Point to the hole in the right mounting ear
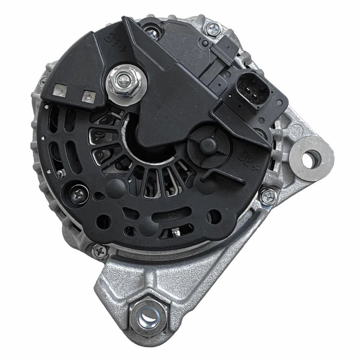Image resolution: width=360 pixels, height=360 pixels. pyautogui.click(x=309, y=159)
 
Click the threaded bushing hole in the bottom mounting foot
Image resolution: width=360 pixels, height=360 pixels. pyautogui.click(x=148, y=313)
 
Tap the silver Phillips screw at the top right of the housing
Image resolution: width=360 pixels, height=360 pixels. pyautogui.click(x=214, y=28)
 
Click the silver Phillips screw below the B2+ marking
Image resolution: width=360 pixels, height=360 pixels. pyautogui.click(x=267, y=196)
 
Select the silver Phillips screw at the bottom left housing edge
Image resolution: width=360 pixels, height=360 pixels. pyautogui.click(x=100, y=250)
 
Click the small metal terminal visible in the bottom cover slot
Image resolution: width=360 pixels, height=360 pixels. pyautogui.click(x=175, y=232)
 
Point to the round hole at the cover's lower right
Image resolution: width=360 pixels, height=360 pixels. pyautogui.click(x=214, y=216)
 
